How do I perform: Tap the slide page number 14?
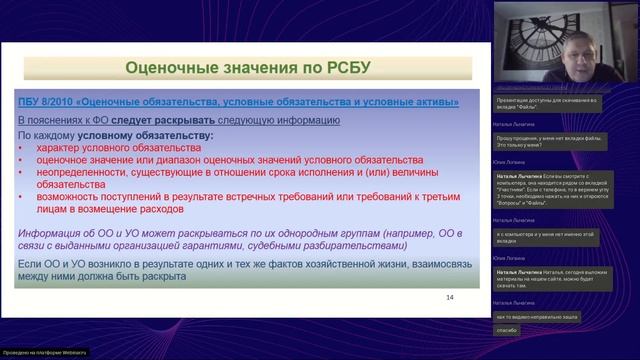pos(449,298)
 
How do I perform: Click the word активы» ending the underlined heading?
pos(433,102)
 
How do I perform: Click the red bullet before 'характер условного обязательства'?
pos(23,147)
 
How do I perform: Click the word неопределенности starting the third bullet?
pos(81,172)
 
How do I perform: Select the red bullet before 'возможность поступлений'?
pos(23,197)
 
